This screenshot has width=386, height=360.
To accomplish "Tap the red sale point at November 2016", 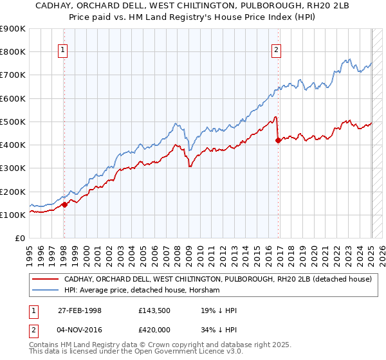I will click(x=278, y=140).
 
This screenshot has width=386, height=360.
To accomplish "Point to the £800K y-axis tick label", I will click(x=13, y=51).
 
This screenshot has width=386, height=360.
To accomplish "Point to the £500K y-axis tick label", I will click(x=13, y=122).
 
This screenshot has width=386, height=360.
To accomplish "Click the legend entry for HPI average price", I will click(x=142, y=291).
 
